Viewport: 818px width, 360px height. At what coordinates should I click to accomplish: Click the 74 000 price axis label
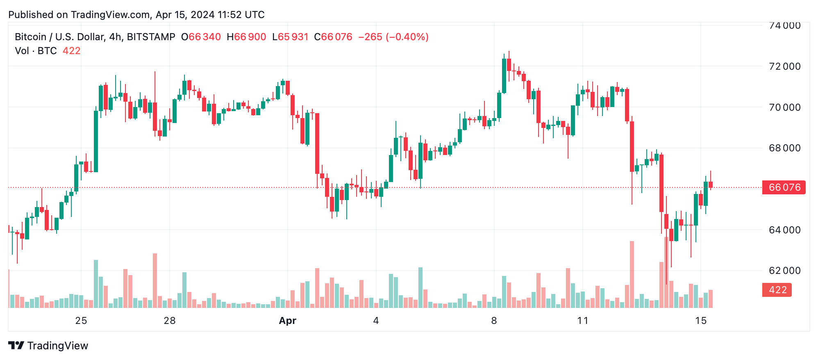[x=784, y=25]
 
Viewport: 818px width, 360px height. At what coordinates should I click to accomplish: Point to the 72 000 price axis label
[x=784, y=66]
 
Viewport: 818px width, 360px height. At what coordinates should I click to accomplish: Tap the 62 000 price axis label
[x=784, y=271]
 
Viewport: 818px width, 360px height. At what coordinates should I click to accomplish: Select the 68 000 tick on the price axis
[x=784, y=148]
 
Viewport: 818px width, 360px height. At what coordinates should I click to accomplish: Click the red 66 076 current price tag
[x=784, y=187]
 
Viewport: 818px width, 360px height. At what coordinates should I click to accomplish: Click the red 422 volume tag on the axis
[x=777, y=290]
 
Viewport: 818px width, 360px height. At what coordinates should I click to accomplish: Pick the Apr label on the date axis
[x=287, y=321]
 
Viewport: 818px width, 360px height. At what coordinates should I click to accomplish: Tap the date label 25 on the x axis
[x=81, y=321]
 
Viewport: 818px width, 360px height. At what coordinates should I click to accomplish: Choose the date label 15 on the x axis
[x=701, y=321]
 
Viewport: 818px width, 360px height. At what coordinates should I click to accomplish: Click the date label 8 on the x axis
[x=494, y=321]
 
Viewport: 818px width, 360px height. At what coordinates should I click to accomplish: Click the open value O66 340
[x=201, y=37]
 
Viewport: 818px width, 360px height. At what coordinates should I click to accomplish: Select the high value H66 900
[x=246, y=37]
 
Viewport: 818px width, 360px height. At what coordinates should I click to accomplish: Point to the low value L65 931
[x=290, y=37]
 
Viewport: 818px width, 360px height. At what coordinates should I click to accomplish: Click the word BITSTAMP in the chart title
[x=151, y=37]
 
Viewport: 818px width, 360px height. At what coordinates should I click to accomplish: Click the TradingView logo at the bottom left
[x=48, y=346]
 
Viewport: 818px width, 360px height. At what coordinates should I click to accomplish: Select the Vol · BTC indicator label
[x=36, y=51]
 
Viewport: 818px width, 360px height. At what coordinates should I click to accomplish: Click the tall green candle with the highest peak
[x=504, y=76]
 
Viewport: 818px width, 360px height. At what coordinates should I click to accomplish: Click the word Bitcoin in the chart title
[x=30, y=37]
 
